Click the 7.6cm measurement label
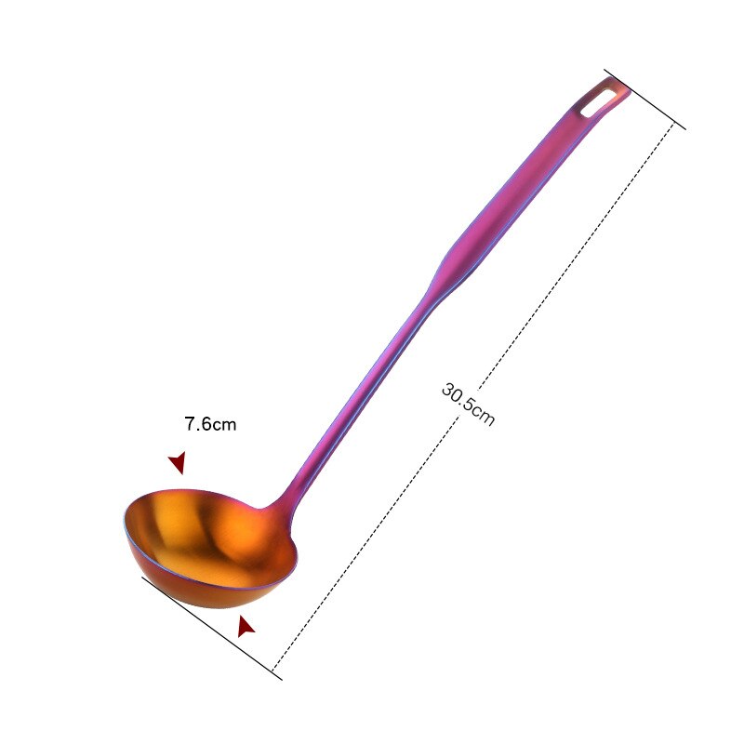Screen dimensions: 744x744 pos(210,425)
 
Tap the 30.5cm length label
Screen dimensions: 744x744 pos(468,404)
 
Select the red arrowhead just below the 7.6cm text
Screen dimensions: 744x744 pos(177,462)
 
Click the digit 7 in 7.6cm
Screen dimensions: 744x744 pos(189,425)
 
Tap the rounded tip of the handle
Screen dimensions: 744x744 pos(622,86)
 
